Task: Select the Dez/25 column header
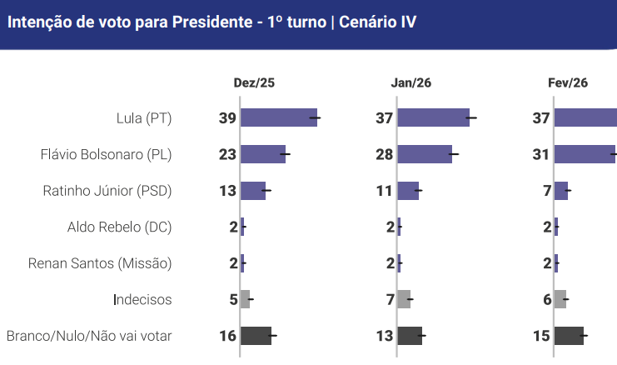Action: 254,82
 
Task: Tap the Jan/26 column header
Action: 411,82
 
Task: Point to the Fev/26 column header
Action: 568,82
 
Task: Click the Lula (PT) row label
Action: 144,118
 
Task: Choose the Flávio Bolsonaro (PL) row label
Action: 106,154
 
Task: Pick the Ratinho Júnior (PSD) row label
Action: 107,191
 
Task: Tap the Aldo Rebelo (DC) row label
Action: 119,227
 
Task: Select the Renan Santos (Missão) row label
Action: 100,263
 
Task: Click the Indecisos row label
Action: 142,299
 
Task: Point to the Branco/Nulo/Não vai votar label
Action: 89,336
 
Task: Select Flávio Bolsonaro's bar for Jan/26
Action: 425,154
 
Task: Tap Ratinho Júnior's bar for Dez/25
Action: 253,191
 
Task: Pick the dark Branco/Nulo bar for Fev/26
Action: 569,336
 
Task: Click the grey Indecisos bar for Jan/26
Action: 404,299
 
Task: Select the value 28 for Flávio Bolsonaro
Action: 385,154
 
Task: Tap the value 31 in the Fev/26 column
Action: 541,154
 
